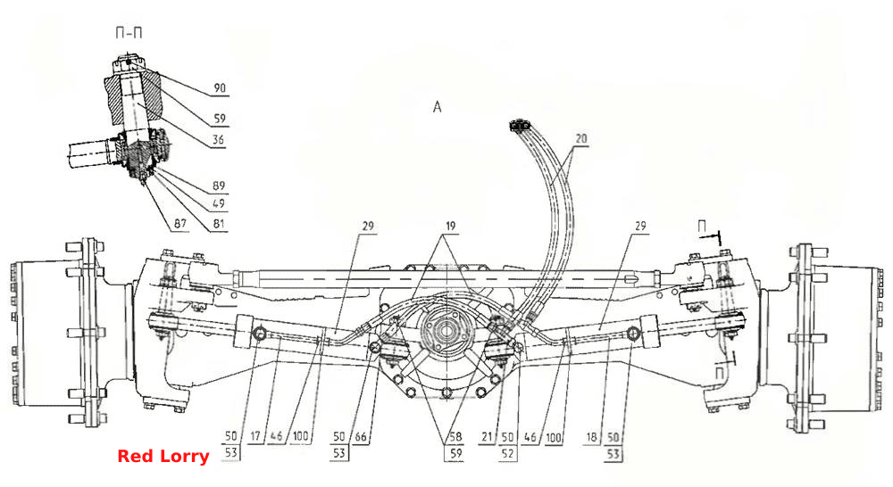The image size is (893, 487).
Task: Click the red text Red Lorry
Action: point(163,457)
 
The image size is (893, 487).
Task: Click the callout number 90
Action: point(220,88)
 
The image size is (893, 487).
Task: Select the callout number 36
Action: point(218,139)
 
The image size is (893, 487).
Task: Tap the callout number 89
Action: point(219,186)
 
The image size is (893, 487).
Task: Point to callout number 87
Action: point(180,224)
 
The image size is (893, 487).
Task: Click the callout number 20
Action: point(581,138)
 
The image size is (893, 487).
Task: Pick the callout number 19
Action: point(450,227)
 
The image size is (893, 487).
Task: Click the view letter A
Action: point(437,107)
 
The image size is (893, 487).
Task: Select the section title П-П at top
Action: point(129,33)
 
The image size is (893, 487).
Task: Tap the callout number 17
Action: point(255,437)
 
